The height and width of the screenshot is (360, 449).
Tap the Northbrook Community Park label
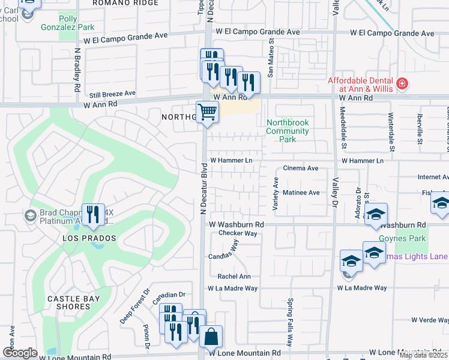click(288, 131)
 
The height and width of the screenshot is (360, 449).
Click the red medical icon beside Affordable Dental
click(402, 85)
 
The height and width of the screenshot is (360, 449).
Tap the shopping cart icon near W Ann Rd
click(207, 112)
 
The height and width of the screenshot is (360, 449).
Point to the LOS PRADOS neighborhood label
click(88, 238)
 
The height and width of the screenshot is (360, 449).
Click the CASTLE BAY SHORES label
click(68, 302)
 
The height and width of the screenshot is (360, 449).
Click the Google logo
click(20, 353)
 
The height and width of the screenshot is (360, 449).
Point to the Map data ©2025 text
click(423, 355)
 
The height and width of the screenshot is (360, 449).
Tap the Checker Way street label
click(238, 233)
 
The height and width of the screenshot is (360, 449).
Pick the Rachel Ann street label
click(234, 277)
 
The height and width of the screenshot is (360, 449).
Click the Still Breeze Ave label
click(112, 94)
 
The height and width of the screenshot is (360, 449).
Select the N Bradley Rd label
click(77, 71)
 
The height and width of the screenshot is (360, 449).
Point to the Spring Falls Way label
click(290, 331)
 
